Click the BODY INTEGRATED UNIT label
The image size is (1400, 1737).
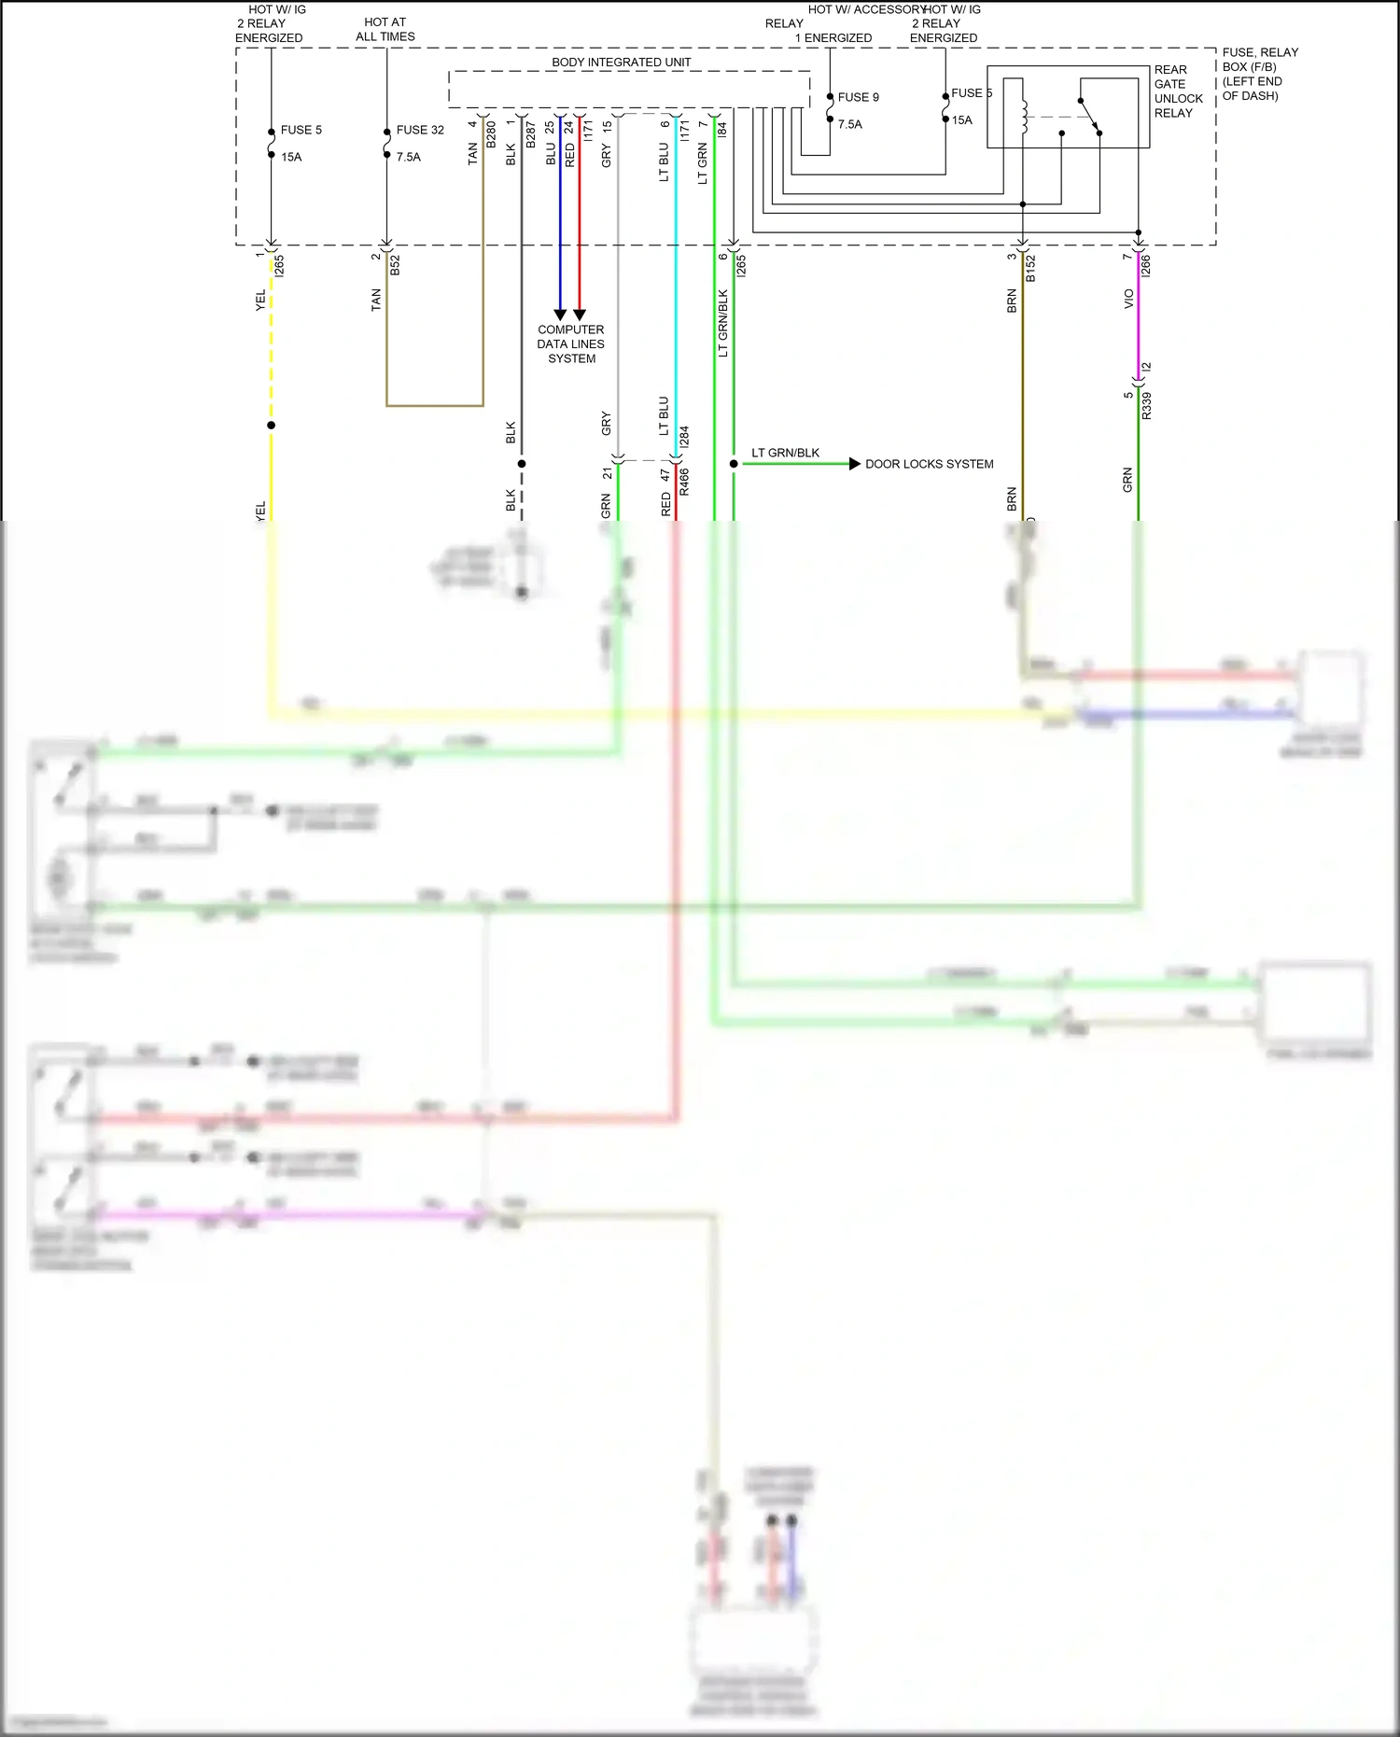click(621, 63)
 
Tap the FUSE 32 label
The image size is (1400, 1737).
click(420, 130)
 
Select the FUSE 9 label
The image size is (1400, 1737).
click(858, 97)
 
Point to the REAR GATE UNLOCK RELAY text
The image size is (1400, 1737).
click(1178, 91)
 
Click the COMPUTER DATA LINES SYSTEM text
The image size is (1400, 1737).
click(571, 343)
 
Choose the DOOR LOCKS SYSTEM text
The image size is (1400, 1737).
click(929, 464)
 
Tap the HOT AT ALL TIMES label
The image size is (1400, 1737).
click(385, 29)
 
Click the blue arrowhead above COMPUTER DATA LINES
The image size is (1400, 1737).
click(560, 315)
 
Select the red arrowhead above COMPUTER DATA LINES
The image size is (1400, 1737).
click(579, 315)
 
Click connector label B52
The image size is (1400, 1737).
click(395, 265)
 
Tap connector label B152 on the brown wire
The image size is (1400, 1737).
click(1031, 268)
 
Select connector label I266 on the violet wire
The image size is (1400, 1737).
click(1146, 265)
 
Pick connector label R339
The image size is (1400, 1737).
click(1147, 405)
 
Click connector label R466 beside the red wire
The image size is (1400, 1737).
click(684, 481)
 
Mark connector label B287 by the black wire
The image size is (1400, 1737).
click(530, 134)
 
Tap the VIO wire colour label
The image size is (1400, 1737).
click(1128, 299)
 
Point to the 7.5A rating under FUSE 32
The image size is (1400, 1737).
click(409, 157)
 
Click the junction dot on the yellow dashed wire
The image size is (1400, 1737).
click(272, 426)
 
